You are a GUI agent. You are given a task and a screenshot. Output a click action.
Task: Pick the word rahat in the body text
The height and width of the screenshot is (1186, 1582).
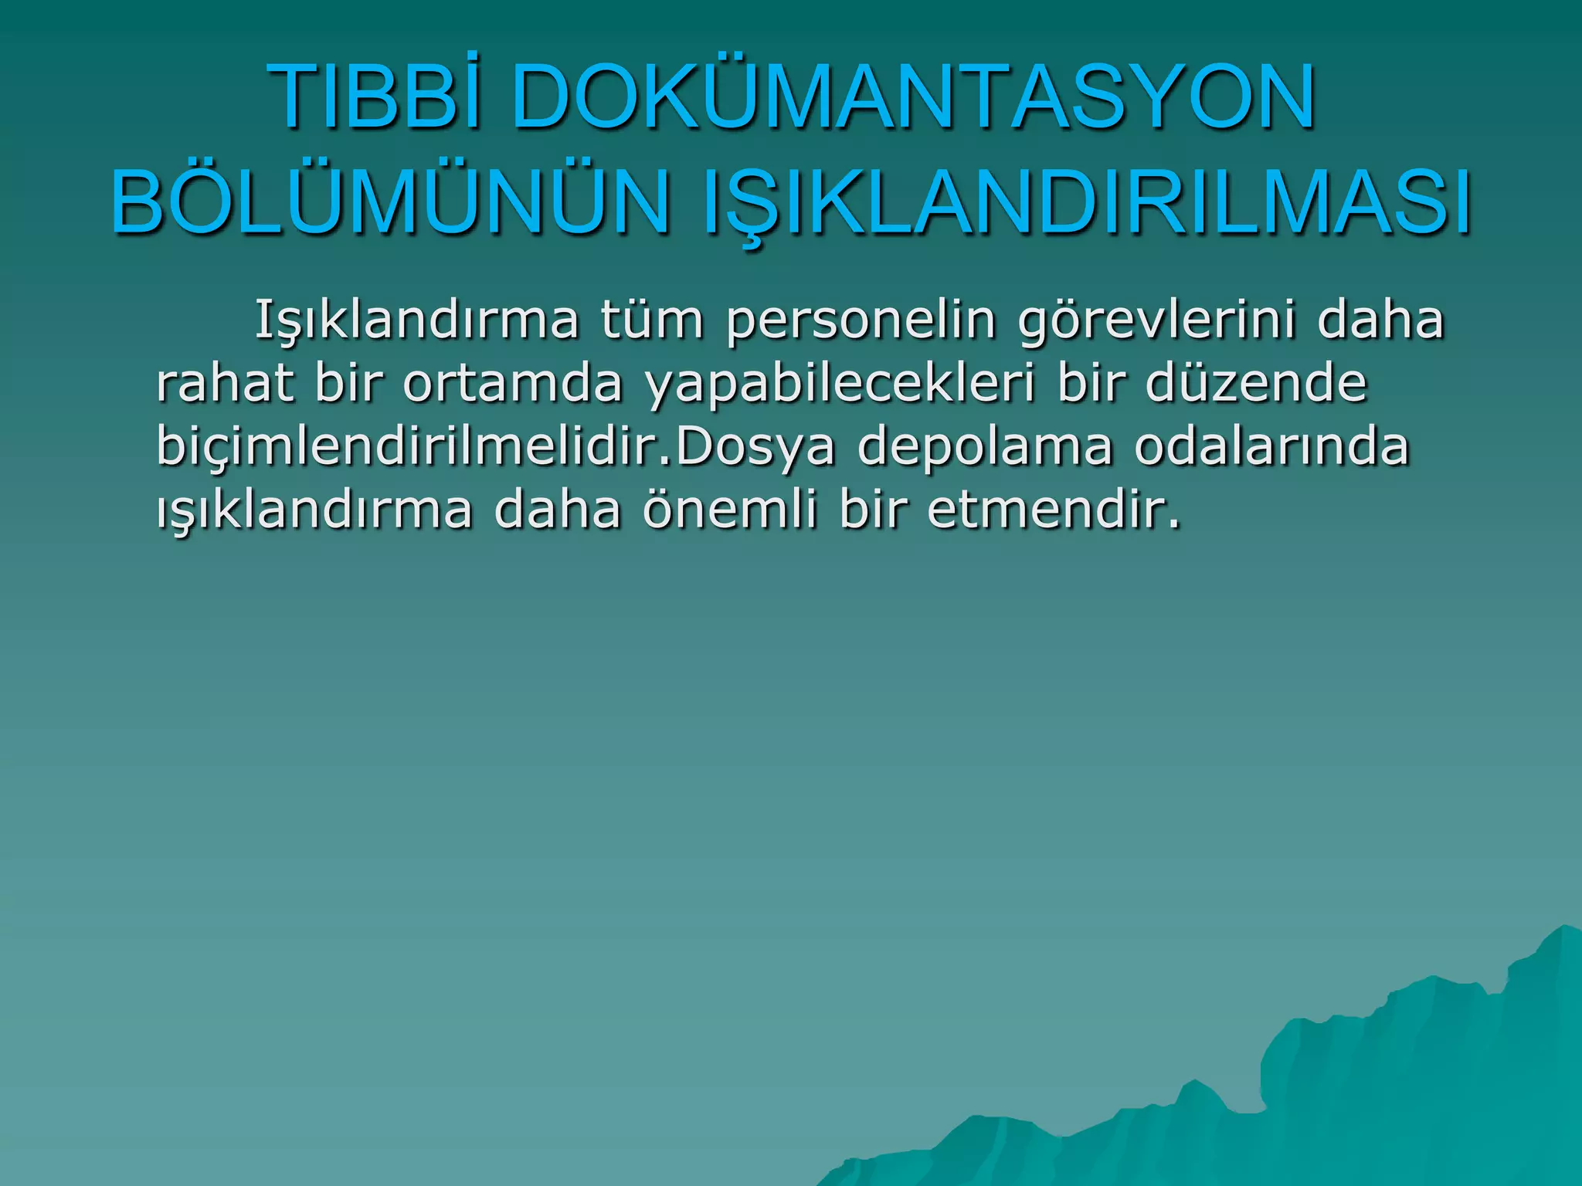[x=225, y=383]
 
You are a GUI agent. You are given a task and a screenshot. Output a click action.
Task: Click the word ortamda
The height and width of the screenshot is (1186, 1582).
[x=512, y=383]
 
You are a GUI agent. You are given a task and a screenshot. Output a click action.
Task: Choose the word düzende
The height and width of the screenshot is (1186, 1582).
[x=1256, y=383]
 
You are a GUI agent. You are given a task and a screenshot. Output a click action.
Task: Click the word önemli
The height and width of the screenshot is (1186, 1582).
[x=728, y=510]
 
